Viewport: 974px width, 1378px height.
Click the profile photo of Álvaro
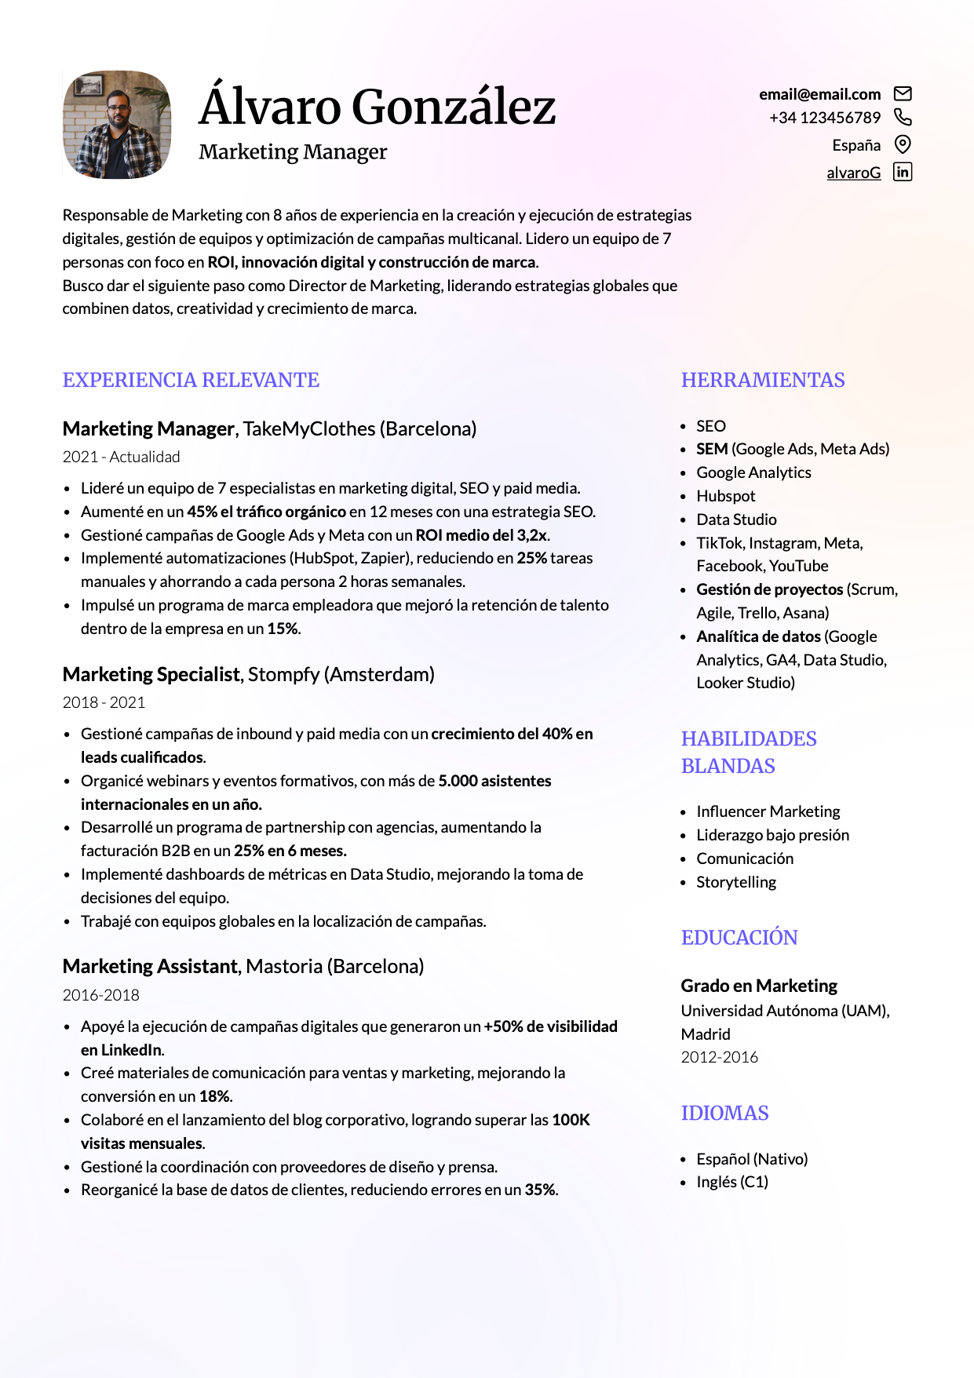coord(117,125)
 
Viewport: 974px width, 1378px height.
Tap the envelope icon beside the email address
coord(903,94)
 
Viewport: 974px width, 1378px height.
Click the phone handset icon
coord(903,118)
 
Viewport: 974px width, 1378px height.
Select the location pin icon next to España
coord(903,144)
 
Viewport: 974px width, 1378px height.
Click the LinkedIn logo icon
coord(903,172)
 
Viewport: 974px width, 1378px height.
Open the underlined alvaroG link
coord(853,173)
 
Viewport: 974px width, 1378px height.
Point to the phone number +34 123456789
coord(824,118)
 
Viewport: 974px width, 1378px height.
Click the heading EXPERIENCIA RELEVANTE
coord(191,381)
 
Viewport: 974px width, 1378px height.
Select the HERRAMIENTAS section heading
coord(762,381)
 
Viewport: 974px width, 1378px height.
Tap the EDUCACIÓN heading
coord(739,938)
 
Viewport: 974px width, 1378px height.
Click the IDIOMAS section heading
coord(724,1114)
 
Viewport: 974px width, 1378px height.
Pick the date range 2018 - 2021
coord(104,702)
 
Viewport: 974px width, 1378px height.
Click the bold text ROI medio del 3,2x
coord(481,535)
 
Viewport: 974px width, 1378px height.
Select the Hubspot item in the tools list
coord(725,496)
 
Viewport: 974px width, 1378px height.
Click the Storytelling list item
coord(735,882)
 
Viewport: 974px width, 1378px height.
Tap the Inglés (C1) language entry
coord(731,1182)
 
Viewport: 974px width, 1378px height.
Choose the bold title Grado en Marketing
coord(759,986)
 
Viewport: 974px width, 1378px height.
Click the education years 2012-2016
coord(719,1057)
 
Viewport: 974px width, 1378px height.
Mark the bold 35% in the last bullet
coord(540,1190)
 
